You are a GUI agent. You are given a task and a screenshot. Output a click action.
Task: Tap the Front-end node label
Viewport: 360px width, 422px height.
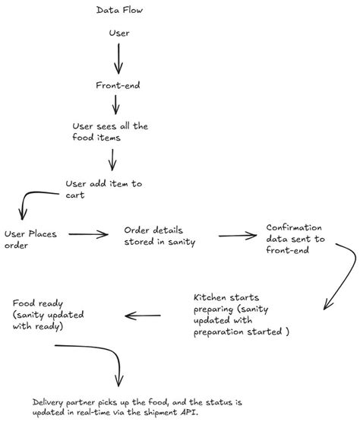117,86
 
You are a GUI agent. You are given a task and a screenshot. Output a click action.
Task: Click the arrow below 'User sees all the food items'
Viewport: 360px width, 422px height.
113,159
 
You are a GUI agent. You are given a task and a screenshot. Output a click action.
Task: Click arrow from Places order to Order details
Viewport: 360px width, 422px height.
89,235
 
